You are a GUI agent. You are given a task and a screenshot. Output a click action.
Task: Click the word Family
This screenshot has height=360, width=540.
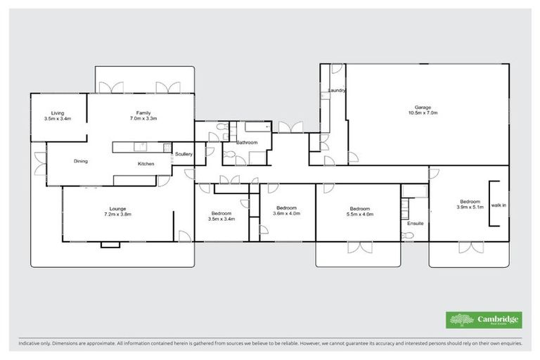143,113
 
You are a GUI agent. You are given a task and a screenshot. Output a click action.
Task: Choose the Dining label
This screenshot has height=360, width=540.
81,162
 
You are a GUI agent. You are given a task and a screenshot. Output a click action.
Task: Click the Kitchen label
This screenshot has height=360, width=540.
146,164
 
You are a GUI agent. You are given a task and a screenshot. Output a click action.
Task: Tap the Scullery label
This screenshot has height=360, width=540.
184,154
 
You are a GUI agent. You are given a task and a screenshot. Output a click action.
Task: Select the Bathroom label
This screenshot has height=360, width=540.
247,143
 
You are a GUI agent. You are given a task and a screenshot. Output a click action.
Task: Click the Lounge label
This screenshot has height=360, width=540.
117,208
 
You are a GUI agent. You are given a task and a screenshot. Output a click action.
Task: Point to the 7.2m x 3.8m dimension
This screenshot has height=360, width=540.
117,214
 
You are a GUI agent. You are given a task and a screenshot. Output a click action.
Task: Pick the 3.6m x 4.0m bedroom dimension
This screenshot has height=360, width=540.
286,214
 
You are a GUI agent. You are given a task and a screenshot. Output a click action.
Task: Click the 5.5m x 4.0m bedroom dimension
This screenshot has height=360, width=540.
360,214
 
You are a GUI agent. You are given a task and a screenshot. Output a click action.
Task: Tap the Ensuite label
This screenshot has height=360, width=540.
415,224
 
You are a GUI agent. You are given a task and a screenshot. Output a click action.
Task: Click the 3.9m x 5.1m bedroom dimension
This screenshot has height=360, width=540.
470,207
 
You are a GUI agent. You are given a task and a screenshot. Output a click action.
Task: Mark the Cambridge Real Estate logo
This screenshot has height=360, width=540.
484,319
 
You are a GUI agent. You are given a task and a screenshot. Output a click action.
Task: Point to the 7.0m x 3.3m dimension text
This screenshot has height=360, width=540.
143,119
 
